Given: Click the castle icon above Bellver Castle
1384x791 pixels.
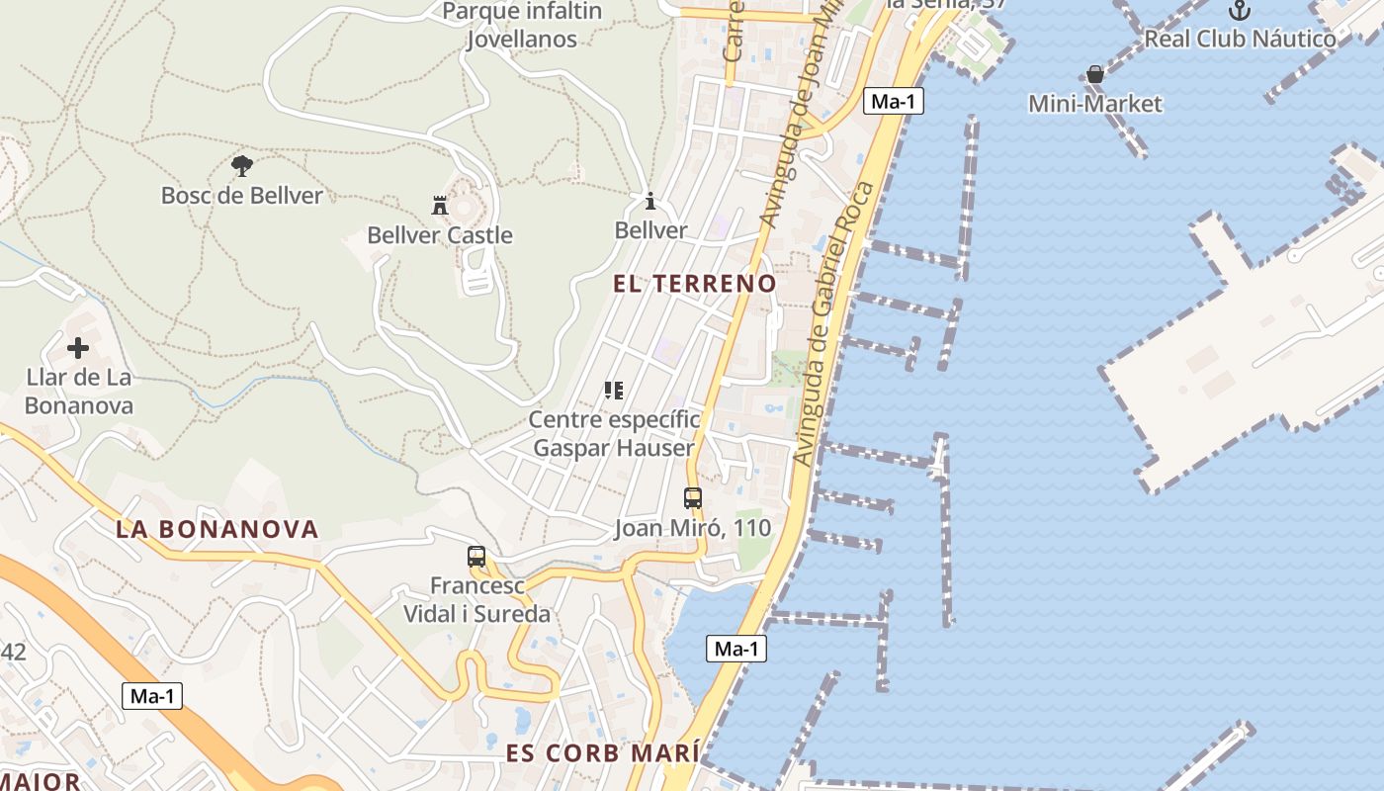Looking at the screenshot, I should tap(440, 205).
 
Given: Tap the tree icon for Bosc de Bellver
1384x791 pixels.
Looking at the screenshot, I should tap(241, 165).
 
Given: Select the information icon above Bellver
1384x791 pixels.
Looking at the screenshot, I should tap(650, 201).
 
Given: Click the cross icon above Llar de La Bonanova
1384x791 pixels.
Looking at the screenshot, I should tap(78, 347).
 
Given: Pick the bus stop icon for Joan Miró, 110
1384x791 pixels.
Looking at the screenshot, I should tap(693, 498).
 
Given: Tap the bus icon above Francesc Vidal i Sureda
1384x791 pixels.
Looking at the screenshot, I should tap(476, 557).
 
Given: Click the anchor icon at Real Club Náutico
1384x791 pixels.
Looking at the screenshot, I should tap(1240, 11).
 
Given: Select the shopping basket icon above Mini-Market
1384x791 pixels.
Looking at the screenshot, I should tap(1095, 74).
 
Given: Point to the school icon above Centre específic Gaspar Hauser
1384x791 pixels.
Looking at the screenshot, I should tap(614, 391).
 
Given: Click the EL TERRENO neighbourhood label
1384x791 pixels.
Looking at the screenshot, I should tap(695, 284).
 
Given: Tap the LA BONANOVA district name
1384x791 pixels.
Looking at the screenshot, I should tap(217, 529).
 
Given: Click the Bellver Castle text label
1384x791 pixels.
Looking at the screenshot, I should tap(440, 235).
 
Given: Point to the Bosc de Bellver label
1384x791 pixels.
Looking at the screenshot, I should tap(242, 196).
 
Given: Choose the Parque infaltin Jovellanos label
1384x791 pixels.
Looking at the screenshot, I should tap(522, 26).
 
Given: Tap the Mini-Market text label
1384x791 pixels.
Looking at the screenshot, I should tap(1095, 104).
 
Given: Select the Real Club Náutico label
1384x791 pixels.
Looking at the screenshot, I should tap(1240, 40).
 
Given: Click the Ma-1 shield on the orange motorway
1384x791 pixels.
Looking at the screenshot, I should tap(153, 696).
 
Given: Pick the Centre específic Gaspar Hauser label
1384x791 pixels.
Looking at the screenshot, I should tap(614, 433).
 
